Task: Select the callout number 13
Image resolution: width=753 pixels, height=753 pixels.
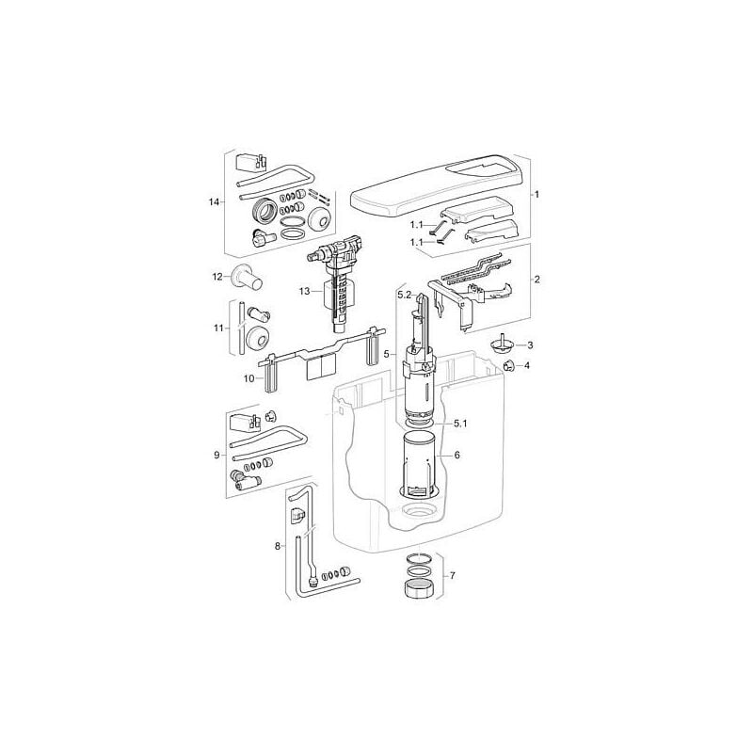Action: [304, 292]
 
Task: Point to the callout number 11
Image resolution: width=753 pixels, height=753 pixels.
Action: [218, 328]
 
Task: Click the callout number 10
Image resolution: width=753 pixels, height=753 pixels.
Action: [248, 378]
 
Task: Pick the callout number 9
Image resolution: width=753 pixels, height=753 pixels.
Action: [216, 456]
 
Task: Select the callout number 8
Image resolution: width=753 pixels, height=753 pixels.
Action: [278, 545]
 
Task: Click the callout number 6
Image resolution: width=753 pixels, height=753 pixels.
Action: [457, 455]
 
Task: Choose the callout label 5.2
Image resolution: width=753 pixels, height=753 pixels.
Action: [405, 296]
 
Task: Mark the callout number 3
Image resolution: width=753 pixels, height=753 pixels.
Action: [530, 345]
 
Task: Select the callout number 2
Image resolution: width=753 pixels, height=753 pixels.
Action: [537, 280]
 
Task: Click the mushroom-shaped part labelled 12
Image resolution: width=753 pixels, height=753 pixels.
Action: [248, 279]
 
